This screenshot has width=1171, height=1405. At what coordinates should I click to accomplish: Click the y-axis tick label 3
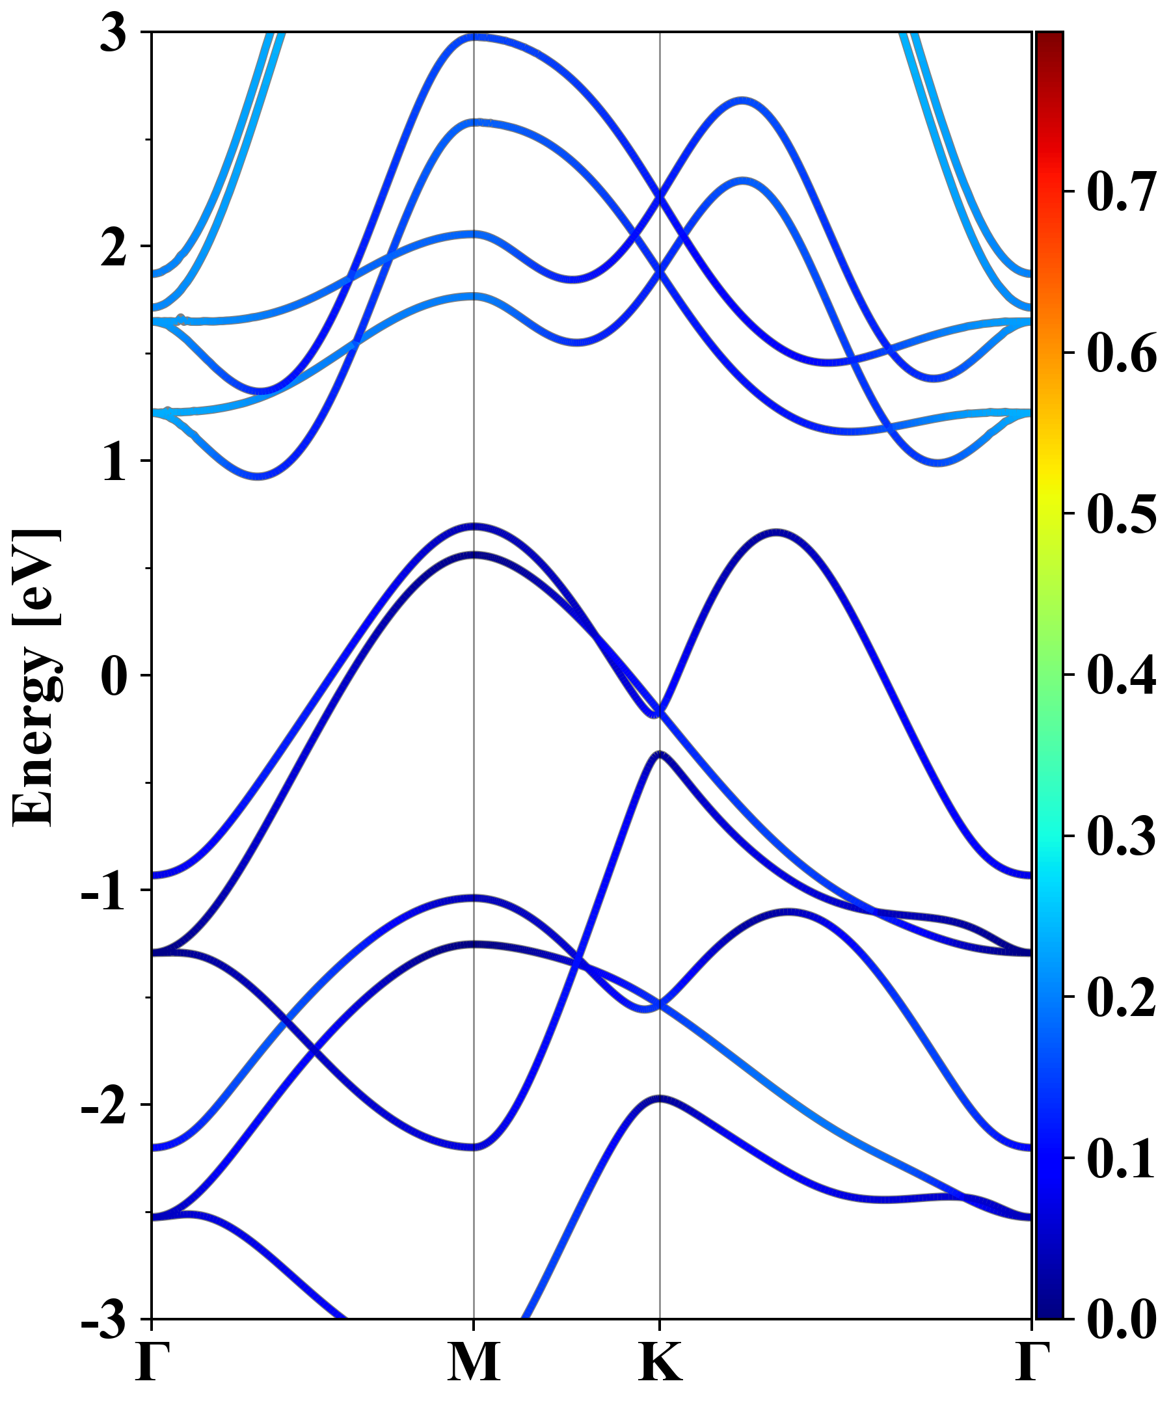coord(113,33)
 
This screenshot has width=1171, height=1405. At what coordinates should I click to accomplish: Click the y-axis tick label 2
coord(113,248)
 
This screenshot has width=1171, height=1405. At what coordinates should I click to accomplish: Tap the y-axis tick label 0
coord(113,676)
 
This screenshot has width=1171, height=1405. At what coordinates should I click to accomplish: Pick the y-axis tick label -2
coord(103,1106)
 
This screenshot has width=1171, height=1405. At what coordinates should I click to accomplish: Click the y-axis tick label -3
coord(103,1319)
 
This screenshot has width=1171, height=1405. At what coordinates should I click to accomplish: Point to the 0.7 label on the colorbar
coord(1122,192)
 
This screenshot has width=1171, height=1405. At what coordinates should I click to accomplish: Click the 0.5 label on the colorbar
coord(1122,514)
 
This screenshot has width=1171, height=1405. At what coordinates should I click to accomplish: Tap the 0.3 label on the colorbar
coord(1122,836)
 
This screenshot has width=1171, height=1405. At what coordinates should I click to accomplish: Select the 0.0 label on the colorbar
coord(1122,1318)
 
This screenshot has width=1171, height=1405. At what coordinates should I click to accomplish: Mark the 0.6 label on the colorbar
coord(1122,353)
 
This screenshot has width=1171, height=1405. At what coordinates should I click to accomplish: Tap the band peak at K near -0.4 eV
coord(660,754)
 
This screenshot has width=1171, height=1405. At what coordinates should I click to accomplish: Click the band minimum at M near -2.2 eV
coord(474,1147)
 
